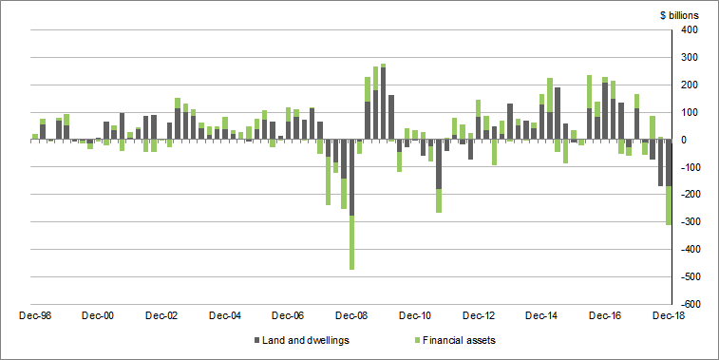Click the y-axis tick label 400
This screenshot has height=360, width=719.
point(690,30)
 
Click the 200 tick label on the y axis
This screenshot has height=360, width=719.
point(690,85)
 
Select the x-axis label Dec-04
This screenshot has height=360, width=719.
point(225,315)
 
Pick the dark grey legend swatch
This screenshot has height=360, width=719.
point(256,340)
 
